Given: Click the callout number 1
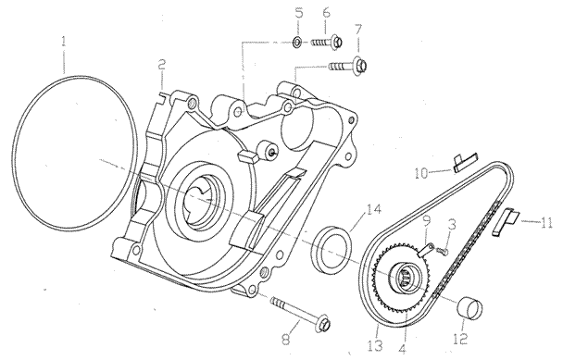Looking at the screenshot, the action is pos(64,43).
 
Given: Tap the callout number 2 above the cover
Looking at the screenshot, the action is pos(162,65).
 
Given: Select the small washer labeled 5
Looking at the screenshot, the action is pos(297,43).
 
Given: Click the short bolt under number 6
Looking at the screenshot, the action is pos(326,42).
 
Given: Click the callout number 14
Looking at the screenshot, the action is pos(373,209).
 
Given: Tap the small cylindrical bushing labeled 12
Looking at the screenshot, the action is pos(469,308).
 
